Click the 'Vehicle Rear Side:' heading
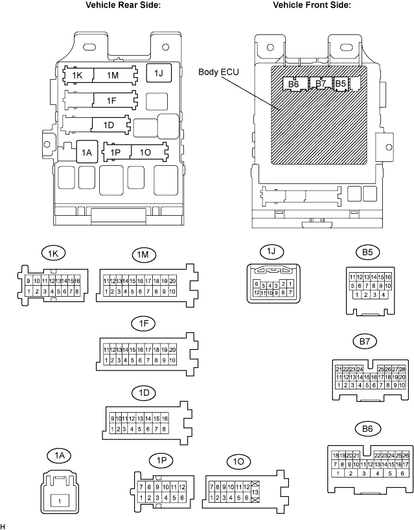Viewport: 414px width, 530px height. pos(123,5)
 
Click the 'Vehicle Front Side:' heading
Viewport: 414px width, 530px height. pos(312,5)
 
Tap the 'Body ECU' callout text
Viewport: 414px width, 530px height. pos(218,72)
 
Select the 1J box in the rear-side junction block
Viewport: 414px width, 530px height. pos(159,73)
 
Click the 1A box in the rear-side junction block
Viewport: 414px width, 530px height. pos(87,152)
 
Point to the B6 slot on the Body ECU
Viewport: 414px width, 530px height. pos(293,84)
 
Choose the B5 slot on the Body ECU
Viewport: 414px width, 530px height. pos(341,83)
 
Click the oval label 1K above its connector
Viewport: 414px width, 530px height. pos(53,253)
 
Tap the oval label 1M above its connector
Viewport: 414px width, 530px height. pos(143,254)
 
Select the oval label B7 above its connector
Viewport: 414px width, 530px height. pos(365,341)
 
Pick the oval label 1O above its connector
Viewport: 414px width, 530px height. pos(238,461)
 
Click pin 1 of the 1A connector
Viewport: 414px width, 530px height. pos(60,501)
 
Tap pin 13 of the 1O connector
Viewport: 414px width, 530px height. pos(255,492)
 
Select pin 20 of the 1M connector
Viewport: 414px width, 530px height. pos(172,281)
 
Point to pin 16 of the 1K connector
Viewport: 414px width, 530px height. pos(76,281)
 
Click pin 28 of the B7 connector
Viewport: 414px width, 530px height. pos(402,369)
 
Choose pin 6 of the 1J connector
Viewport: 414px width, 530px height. pos(257,284)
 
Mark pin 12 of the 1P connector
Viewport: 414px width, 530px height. pos(182,487)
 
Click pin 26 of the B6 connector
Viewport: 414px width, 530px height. pos(406,455)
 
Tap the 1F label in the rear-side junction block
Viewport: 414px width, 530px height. pos(111,100)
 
